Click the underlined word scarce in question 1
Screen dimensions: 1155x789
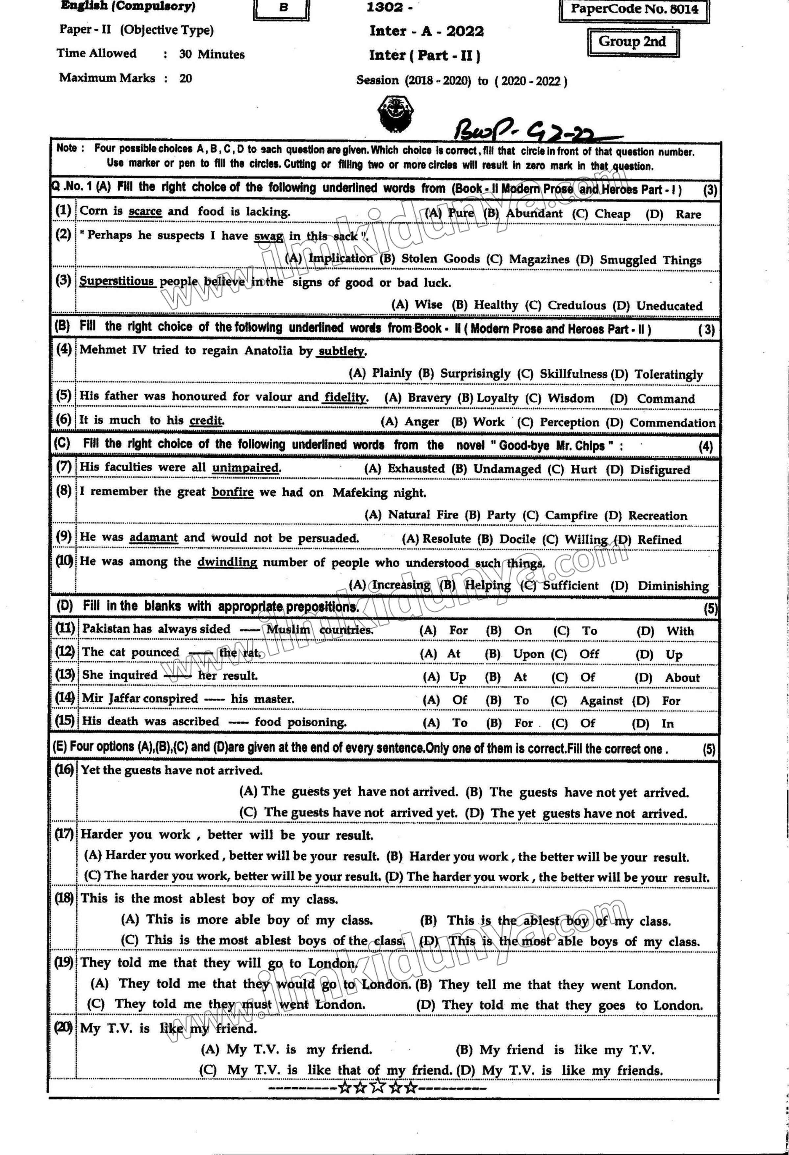(145, 211)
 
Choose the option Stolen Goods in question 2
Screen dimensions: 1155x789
(441, 259)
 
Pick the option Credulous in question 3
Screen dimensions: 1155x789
(576, 305)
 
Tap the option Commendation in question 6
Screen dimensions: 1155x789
(672, 423)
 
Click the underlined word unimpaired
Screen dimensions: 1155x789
(246, 468)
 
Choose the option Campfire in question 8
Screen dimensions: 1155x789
(571, 515)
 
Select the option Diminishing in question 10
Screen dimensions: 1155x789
(673, 586)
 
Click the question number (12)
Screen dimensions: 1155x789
(64, 651)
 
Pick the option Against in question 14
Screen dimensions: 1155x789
(601, 700)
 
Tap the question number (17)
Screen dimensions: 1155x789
(64, 834)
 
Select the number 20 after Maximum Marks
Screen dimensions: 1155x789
(186, 78)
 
